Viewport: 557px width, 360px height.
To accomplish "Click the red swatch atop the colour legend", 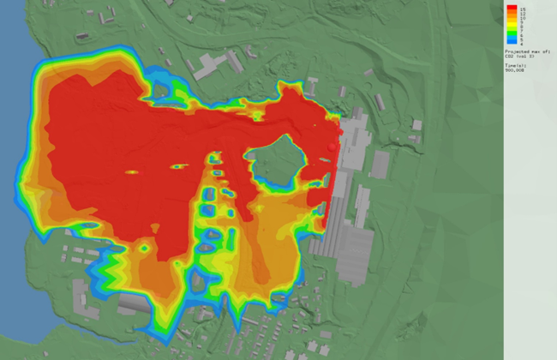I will tap(511, 9).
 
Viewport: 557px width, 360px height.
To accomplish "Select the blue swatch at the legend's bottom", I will tap(511, 39).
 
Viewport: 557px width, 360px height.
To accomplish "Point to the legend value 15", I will tap(522, 7).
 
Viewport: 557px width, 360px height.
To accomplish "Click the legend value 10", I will tap(521, 18).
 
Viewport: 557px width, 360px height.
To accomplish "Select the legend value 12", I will tap(521, 13).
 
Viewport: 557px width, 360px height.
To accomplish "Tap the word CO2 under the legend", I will tap(509, 56).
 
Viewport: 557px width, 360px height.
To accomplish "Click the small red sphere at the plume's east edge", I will tap(332, 149).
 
